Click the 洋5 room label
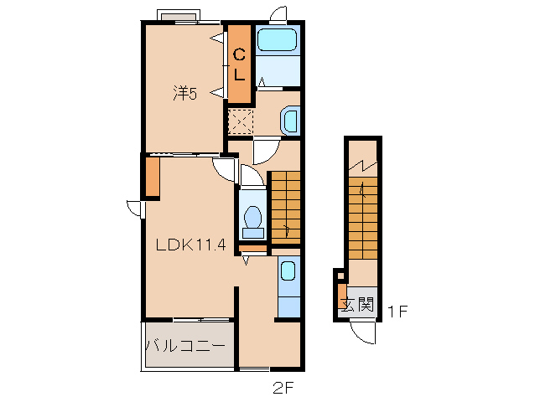(185, 93)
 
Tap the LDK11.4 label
(190, 245)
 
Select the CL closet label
(239, 64)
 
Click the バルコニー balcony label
(185, 346)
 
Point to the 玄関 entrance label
(358, 304)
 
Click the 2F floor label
(283, 388)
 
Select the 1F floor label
(397, 311)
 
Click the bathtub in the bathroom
(277, 40)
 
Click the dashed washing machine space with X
(241, 121)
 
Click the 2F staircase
(286, 208)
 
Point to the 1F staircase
(363, 218)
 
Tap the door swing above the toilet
(252, 175)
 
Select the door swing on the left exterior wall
(135, 209)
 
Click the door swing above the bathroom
(278, 14)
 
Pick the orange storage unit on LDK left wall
(153, 178)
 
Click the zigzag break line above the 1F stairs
(363, 166)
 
